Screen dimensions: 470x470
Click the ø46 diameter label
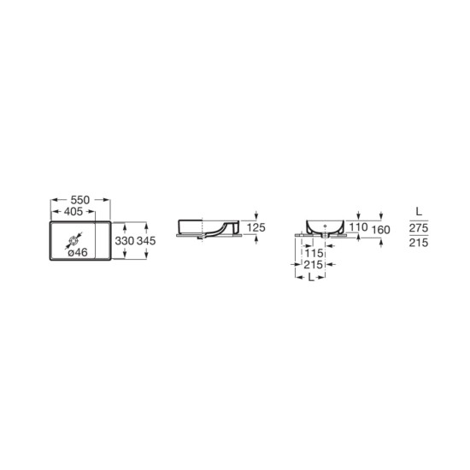[x=78, y=253]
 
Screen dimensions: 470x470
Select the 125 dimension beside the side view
[x=256, y=227]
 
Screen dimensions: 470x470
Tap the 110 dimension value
[x=358, y=227]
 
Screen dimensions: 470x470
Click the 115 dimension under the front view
[x=314, y=254]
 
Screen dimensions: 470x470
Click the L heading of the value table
[x=417, y=209]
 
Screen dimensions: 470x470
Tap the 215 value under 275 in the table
[x=418, y=244]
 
